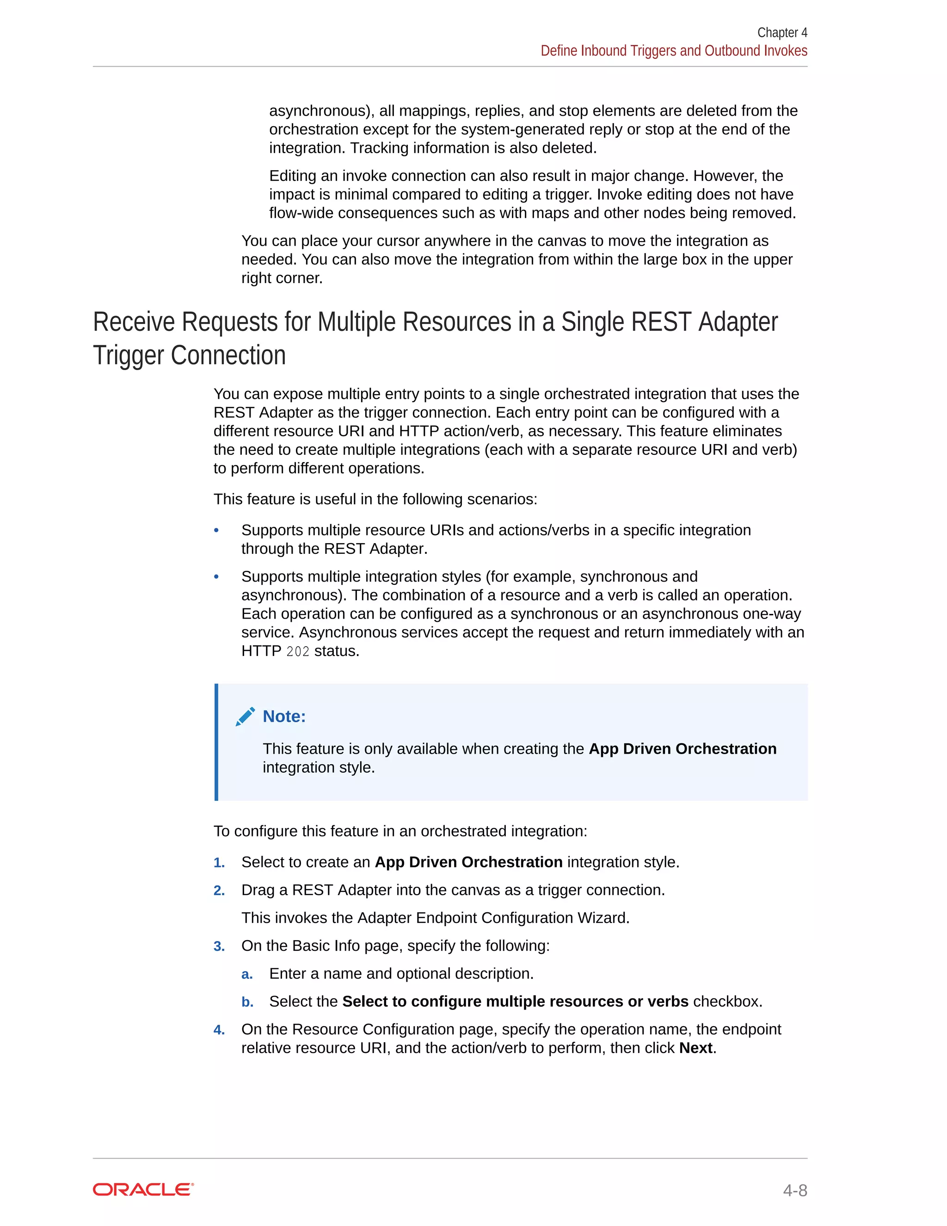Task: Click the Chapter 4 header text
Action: point(781,32)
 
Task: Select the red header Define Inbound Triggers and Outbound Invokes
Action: point(673,50)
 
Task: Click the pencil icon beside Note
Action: point(245,717)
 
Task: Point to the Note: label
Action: point(284,716)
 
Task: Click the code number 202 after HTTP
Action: point(297,652)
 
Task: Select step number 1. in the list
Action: point(219,863)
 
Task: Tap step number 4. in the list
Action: point(219,1030)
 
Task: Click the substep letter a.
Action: point(247,974)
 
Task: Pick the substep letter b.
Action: point(247,1002)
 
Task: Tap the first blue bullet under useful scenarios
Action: point(216,531)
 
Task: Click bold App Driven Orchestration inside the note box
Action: point(682,749)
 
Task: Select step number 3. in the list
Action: point(219,947)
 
